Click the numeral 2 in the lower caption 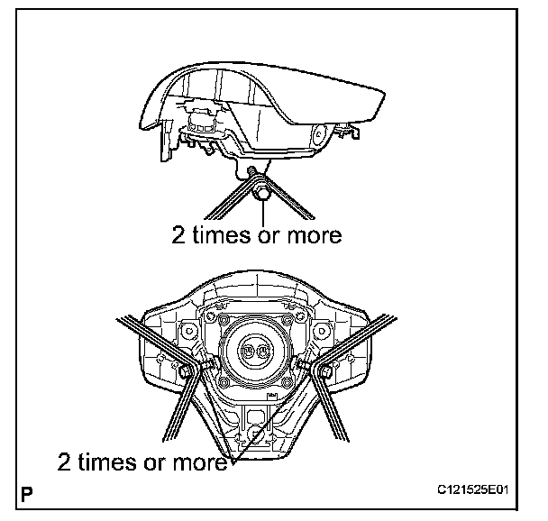pyautogui.click(x=66, y=463)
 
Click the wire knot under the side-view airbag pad pyautogui.click(x=260, y=190)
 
